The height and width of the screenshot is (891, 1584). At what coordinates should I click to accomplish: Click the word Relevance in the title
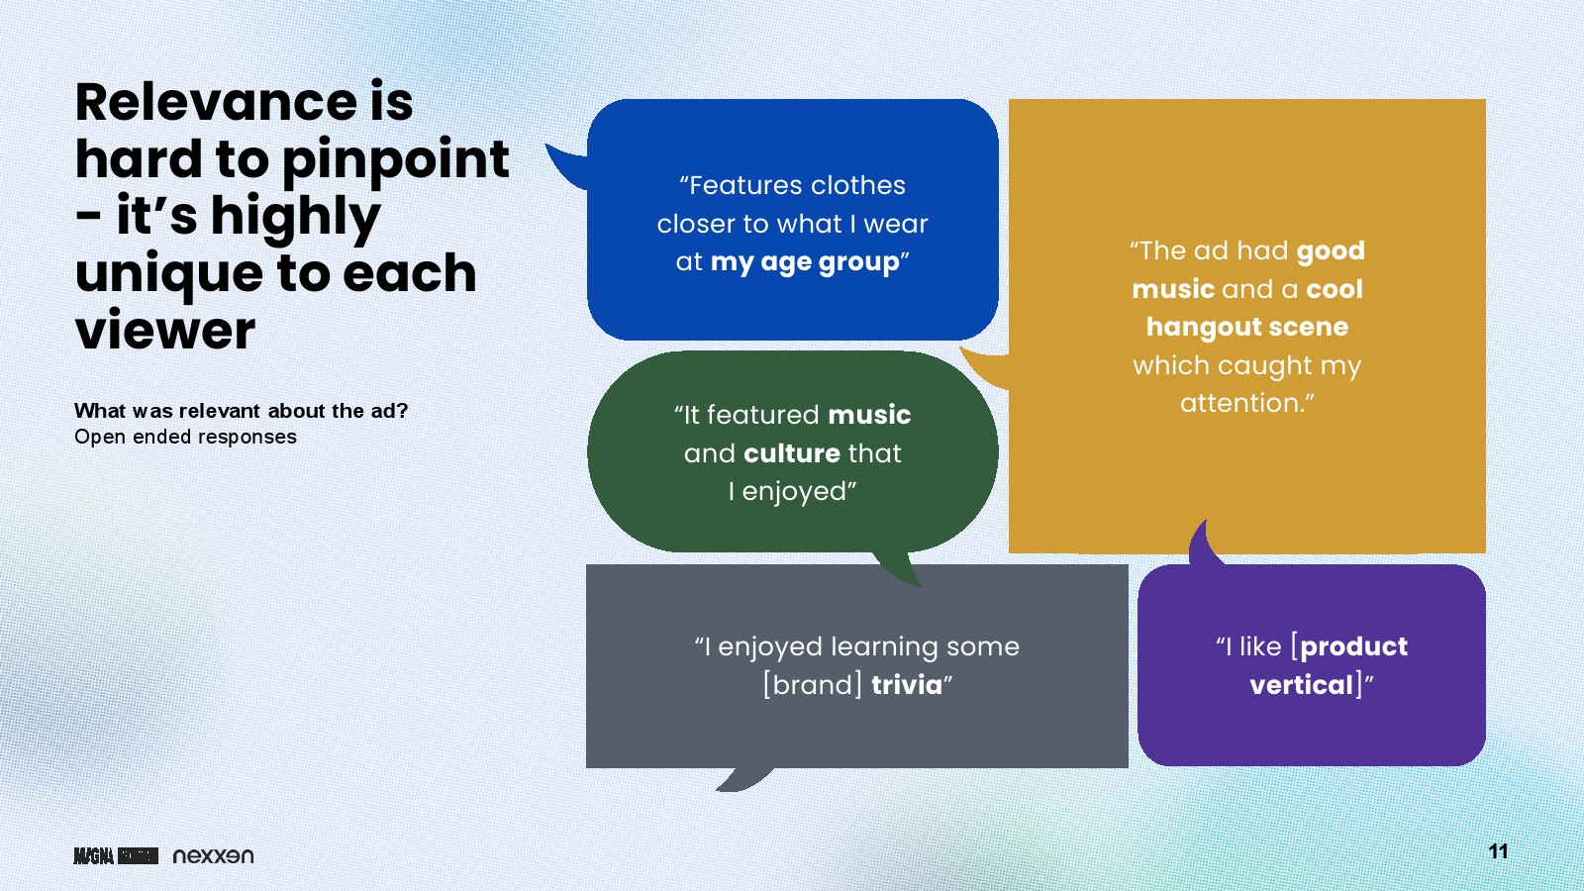(217, 103)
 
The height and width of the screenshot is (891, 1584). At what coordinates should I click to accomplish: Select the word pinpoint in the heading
(395, 161)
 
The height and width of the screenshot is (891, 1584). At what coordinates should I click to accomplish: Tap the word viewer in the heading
(164, 331)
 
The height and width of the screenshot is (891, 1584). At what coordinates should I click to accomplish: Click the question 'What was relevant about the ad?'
(242, 411)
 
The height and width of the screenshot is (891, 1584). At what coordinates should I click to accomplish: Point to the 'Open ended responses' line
(185, 437)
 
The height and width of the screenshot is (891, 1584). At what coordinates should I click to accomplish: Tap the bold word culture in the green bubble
(792, 453)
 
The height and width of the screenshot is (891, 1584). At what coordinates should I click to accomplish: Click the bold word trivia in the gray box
(907, 685)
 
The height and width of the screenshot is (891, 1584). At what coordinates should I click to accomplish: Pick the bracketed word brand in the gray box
(813, 685)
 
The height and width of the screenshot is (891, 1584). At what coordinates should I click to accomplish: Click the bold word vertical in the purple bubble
(1301, 685)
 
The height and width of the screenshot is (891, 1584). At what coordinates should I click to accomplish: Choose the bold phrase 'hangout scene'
(1246, 327)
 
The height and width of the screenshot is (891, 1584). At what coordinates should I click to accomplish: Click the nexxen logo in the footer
(213, 855)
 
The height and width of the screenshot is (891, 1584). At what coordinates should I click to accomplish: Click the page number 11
(1498, 851)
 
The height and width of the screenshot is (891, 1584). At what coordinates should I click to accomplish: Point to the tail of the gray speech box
(743, 779)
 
